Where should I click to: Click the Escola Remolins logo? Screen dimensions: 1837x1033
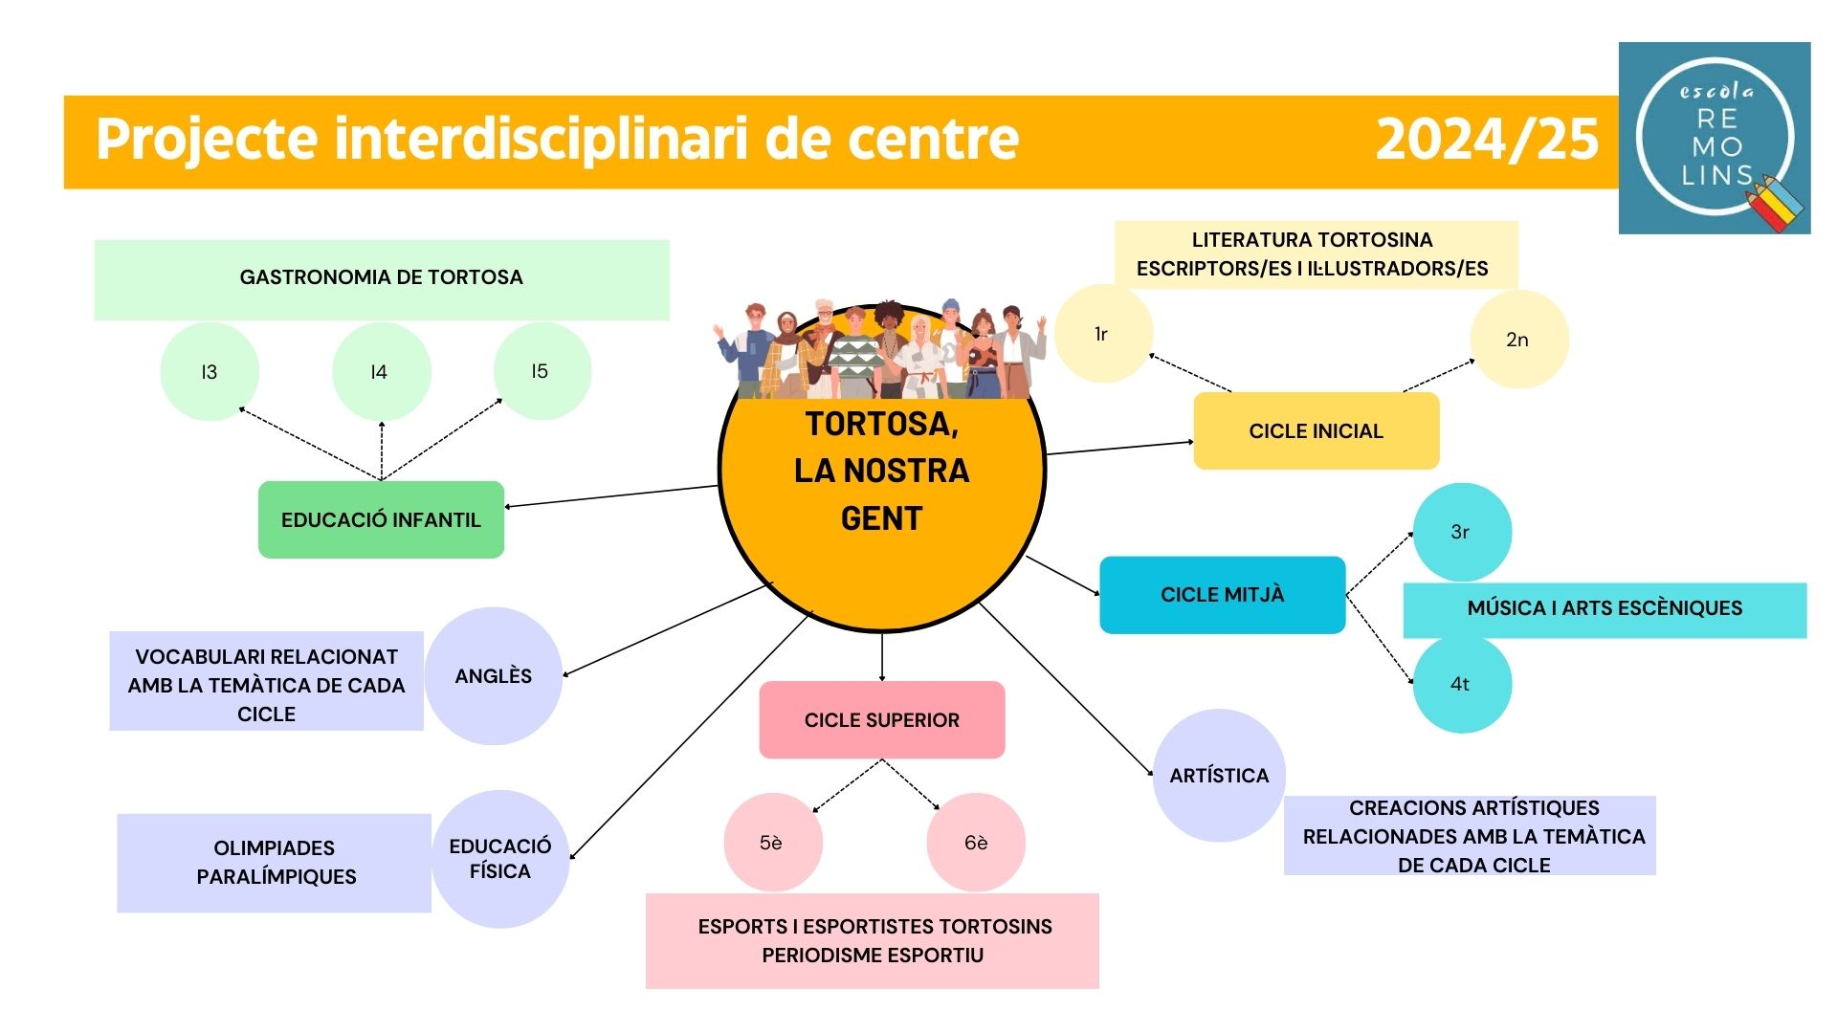(x=1715, y=138)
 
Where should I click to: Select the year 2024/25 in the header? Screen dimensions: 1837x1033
(x=1487, y=140)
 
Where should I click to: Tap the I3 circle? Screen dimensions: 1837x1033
(x=210, y=371)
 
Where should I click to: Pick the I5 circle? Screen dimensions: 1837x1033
(x=542, y=371)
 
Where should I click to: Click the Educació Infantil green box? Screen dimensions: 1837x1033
(x=381, y=519)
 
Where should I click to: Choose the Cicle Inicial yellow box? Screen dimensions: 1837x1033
(x=1317, y=430)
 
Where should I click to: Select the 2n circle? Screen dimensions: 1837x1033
(x=1519, y=340)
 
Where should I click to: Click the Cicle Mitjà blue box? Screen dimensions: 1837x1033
(x=1223, y=595)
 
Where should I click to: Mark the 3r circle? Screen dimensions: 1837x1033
(x=1462, y=532)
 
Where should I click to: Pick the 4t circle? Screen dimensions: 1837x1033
(x=1462, y=684)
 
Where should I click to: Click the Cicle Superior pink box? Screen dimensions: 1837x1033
(x=882, y=720)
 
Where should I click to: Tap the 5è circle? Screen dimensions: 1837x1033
(x=773, y=843)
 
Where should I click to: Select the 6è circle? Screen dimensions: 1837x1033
(x=976, y=843)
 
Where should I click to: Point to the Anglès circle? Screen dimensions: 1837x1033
(x=494, y=676)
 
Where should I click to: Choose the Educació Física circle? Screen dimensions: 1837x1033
(x=500, y=859)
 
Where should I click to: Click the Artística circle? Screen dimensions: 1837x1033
(x=1219, y=776)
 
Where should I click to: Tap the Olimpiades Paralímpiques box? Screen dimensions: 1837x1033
(x=275, y=863)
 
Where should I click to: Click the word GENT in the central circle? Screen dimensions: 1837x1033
(x=881, y=518)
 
